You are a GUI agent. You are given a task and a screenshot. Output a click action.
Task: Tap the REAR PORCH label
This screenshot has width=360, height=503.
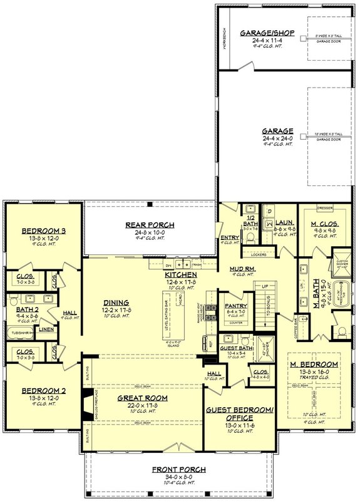[x=150, y=225]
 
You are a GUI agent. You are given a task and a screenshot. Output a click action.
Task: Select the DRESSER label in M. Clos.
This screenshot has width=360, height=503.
[x=324, y=207]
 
